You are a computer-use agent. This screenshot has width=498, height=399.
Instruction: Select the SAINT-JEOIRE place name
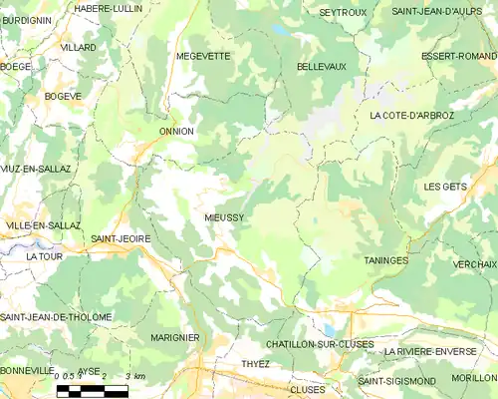(x=115, y=239)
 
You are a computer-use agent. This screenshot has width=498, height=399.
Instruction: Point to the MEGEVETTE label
(x=203, y=56)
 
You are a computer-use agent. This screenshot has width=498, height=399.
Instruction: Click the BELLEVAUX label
(x=321, y=66)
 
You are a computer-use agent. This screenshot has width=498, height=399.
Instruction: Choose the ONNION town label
(x=176, y=131)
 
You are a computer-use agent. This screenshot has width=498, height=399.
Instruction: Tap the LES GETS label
(x=444, y=187)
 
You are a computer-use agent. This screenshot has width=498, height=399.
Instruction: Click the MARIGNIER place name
(x=175, y=338)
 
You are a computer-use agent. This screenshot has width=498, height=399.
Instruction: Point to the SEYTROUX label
(x=343, y=12)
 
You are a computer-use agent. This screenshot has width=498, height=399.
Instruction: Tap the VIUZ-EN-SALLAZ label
(x=36, y=169)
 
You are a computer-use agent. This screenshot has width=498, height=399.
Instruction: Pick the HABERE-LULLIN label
(x=109, y=8)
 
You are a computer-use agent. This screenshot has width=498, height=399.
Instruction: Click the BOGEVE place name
(x=64, y=96)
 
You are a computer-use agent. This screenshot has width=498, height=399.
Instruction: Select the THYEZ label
(x=256, y=364)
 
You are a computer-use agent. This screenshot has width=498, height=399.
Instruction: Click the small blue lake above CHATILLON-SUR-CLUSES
(x=330, y=329)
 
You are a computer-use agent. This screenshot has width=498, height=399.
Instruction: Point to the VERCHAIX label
(x=474, y=264)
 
